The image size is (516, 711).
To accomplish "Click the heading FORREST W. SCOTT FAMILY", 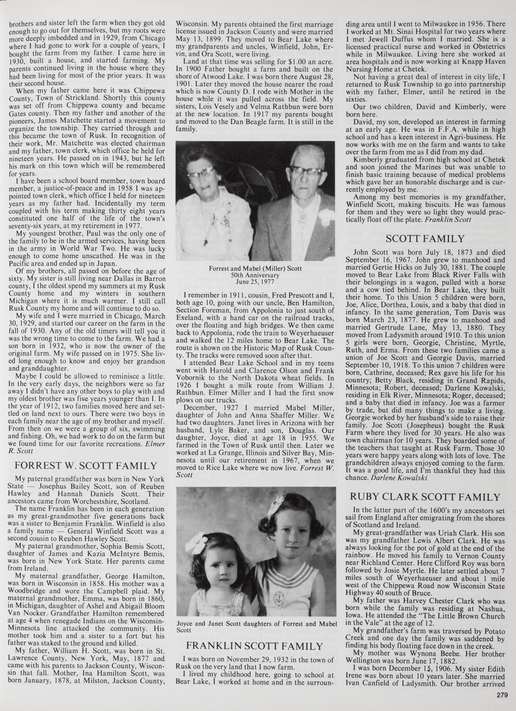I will [x=86, y=466].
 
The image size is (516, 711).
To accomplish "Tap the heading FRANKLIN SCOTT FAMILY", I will [x=254, y=646].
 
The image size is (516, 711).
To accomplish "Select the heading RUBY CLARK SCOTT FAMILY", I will [x=425, y=497].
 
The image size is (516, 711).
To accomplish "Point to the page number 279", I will [x=503, y=695].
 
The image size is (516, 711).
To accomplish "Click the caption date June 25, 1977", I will [x=255, y=283].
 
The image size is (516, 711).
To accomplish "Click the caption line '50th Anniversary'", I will [x=255, y=275].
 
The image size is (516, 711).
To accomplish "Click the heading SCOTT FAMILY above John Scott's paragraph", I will [x=425, y=239].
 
